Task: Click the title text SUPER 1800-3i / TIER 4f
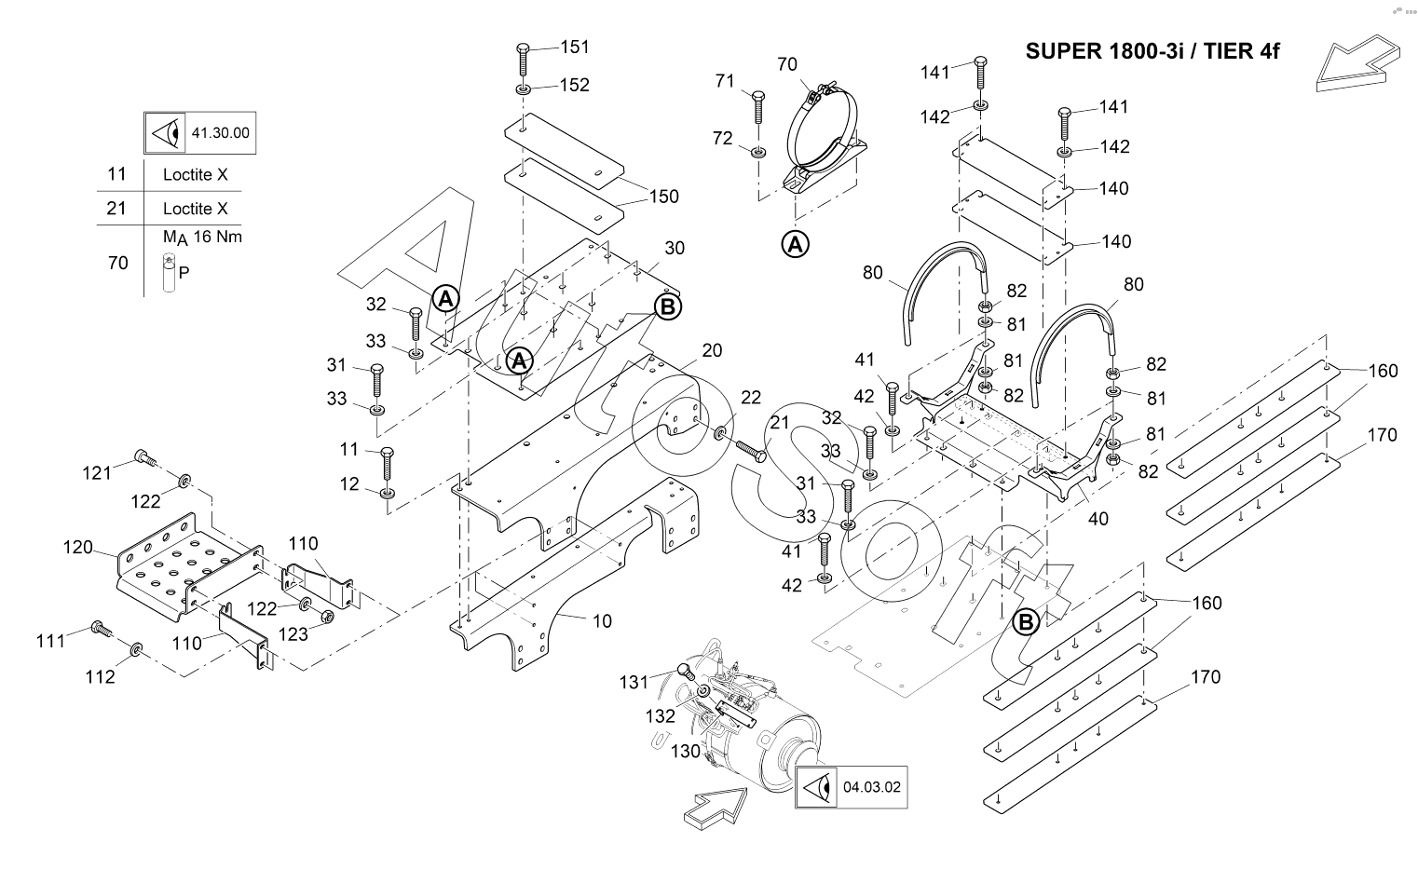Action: coord(1152,51)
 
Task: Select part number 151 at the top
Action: coord(575,47)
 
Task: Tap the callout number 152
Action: coord(575,85)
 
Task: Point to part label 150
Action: coord(664,197)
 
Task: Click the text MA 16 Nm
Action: coord(202,237)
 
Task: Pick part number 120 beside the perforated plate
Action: coord(78,547)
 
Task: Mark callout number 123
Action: coord(293,633)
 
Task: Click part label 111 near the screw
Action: coord(51,640)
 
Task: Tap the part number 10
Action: coord(602,620)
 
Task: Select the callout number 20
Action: coord(712,350)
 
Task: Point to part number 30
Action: coord(674,248)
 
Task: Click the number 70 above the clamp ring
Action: coord(787,64)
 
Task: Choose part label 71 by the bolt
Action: coord(726,81)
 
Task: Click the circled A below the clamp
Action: coord(795,244)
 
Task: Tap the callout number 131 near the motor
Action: coord(634,683)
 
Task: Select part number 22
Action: coord(751,398)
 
